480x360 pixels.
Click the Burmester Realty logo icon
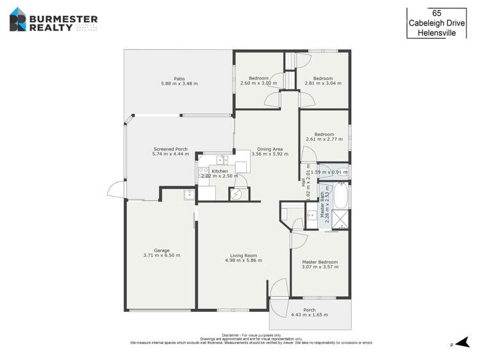pos(17,19)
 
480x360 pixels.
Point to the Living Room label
pos(240,256)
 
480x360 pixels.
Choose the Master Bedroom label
pos(320,262)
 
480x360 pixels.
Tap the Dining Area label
pos(268,149)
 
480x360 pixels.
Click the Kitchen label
pos(220,171)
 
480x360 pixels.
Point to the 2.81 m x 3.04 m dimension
pos(323,83)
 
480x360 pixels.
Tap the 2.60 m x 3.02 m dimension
pos(258,83)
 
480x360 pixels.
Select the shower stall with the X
pos(342,219)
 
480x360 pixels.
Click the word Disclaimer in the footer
pos(231,335)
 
